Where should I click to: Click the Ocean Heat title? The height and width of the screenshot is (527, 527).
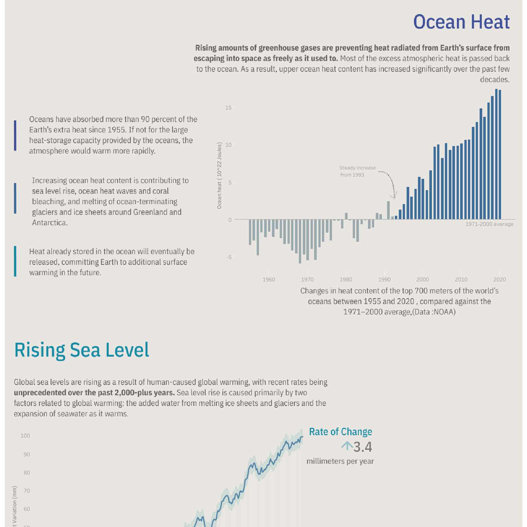(x=461, y=22)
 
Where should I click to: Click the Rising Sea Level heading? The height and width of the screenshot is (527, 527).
(x=82, y=350)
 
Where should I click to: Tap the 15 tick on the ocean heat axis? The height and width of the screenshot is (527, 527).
(x=228, y=107)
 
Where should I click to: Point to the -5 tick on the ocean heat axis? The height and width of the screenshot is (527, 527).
(x=229, y=257)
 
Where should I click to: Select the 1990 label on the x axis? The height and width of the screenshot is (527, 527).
(x=384, y=279)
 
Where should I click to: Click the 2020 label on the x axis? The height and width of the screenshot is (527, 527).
(x=499, y=279)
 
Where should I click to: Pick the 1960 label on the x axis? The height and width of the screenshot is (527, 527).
(x=269, y=279)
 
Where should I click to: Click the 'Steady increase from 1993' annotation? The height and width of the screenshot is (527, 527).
(x=357, y=171)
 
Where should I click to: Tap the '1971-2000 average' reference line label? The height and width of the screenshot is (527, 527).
(x=489, y=224)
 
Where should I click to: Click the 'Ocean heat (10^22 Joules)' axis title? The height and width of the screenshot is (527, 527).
(x=219, y=175)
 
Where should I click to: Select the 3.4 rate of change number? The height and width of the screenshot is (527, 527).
(x=362, y=447)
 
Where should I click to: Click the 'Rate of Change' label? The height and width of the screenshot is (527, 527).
(x=340, y=432)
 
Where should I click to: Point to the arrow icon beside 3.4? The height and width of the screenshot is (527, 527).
(x=347, y=446)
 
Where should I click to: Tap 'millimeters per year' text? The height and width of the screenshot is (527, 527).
(x=340, y=461)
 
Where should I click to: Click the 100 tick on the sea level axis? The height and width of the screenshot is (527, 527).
(x=25, y=435)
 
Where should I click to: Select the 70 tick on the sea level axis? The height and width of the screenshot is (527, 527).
(x=27, y=491)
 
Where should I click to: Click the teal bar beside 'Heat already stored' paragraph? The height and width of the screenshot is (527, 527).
(x=15, y=261)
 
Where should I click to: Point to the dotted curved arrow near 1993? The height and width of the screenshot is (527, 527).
(x=389, y=182)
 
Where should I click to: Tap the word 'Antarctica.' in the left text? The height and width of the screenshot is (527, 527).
(x=50, y=223)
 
